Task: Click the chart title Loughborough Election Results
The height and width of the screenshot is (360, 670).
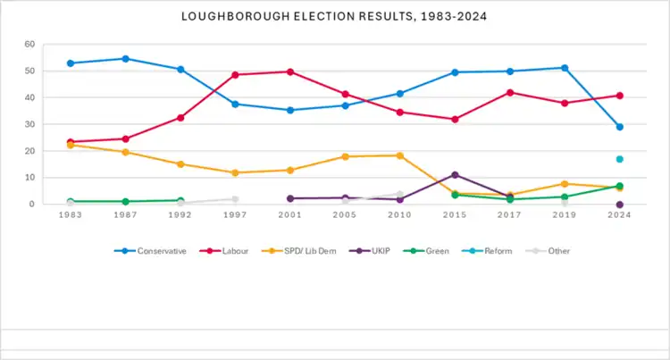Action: pos(335,16)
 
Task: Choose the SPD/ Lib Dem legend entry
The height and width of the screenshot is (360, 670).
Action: pos(308,251)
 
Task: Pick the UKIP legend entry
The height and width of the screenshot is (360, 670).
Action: pos(389,251)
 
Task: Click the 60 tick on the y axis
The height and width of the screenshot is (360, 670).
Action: pos(29,44)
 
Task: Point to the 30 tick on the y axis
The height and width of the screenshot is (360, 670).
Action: pos(29,124)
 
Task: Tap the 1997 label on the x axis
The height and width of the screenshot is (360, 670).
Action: pos(235,218)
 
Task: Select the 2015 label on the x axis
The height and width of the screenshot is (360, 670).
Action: pos(456,218)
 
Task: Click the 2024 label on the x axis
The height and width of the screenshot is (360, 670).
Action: pos(619,218)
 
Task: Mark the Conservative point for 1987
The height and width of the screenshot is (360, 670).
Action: pos(125,59)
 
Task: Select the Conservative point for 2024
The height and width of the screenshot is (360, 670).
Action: pos(619,127)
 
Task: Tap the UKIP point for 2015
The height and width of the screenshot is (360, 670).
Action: pos(456,175)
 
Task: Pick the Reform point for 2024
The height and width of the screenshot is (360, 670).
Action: pos(619,159)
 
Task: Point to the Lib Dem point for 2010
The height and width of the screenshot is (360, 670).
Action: pos(400,155)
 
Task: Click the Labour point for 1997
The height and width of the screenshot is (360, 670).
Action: pos(235,75)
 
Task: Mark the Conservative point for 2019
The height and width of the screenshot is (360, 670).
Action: pos(565,68)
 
